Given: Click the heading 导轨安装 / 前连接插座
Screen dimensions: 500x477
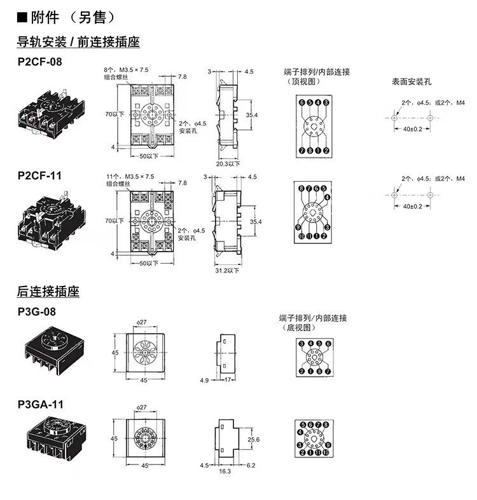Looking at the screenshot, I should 78,43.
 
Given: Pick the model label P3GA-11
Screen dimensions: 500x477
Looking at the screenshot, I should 40,405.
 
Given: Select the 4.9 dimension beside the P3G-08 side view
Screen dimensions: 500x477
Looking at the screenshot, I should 204,381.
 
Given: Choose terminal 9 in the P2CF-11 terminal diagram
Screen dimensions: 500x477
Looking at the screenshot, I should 298,227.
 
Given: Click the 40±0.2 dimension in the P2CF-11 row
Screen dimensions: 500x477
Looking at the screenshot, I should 412,206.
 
